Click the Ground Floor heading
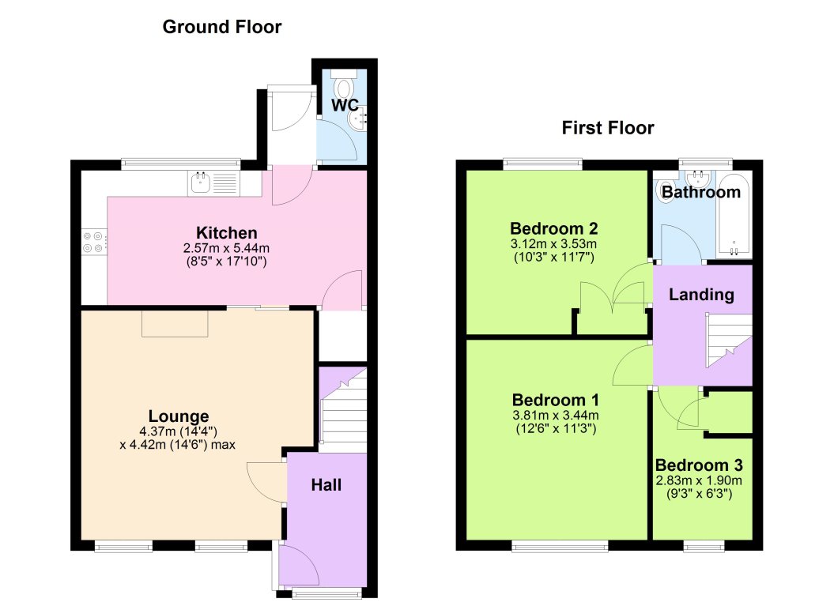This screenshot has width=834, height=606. (x=222, y=27)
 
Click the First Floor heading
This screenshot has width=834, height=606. (x=608, y=127)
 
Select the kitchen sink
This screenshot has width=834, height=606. (x=213, y=183)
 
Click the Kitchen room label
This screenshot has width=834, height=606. (x=227, y=233)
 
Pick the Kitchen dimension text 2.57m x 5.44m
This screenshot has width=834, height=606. (x=227, y=248)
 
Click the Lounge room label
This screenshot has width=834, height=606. (x=179, y=416)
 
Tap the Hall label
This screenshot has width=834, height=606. (x=326, y=485)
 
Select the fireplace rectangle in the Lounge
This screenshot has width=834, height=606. (x=175, y=323)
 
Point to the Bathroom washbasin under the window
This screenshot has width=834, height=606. (x=698, y=177)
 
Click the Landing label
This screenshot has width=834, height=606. (x=701, y=295)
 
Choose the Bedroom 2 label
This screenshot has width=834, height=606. (x=553, y=228)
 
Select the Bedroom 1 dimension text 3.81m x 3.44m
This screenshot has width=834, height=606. (x=555, y=415)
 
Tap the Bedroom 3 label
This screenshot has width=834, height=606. (x=699, y=465)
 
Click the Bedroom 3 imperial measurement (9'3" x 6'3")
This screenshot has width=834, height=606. (x=699, y=494)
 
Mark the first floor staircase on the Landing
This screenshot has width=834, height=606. (x=729, y=341)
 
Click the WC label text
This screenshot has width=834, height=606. (x=345, y=105)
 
